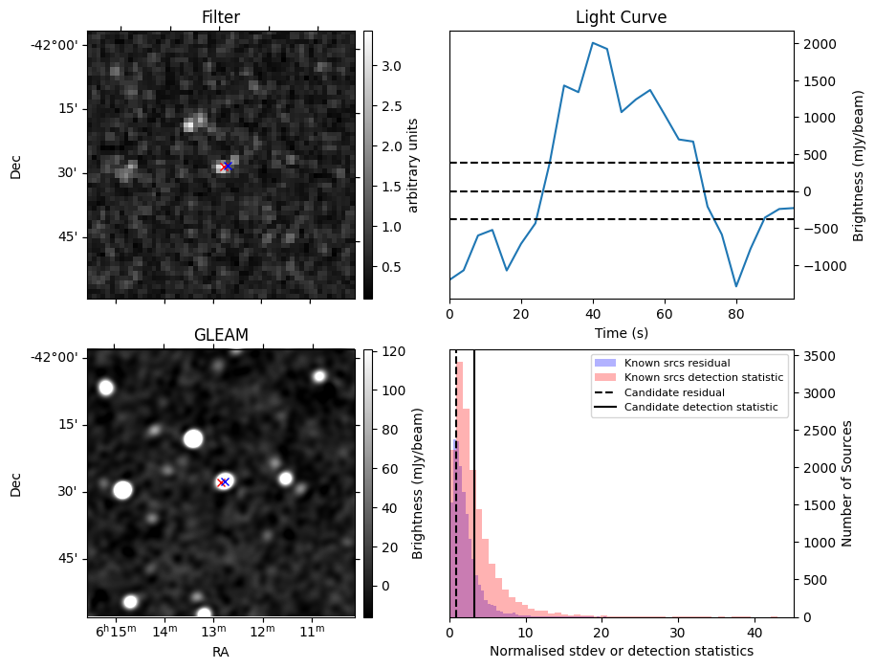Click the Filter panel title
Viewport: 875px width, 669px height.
coord(220,17)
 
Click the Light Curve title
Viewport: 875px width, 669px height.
coord(621,17)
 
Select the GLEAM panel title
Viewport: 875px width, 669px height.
coord(220,335)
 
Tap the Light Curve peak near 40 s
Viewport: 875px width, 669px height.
coord(593,42)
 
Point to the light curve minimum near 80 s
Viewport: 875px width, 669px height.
coord(736,286)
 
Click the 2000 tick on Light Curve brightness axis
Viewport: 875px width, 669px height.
coord(820,44)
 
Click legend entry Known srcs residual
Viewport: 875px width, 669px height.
coord(677,363)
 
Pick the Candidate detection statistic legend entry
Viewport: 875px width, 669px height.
coord(700,408)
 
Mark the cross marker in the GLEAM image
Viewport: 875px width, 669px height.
coord(224,482)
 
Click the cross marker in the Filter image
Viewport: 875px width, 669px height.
coord(226,167)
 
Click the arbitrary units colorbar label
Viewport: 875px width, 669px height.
coord(413,166)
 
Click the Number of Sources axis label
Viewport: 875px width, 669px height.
coord(845,484)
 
